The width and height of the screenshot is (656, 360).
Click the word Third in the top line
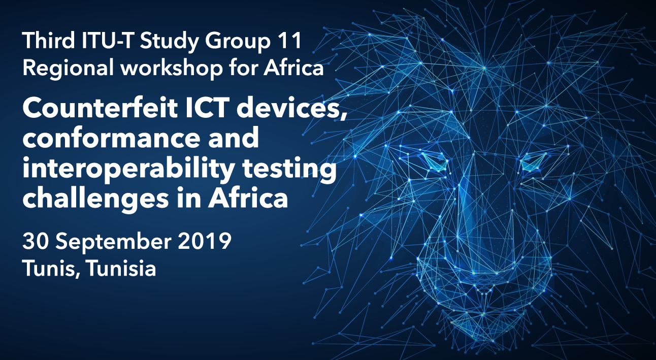49,41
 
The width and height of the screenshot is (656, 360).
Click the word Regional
68,69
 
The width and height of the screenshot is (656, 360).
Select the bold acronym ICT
207,108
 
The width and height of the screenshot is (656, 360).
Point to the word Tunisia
121,268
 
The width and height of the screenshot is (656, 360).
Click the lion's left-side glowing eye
435,162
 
